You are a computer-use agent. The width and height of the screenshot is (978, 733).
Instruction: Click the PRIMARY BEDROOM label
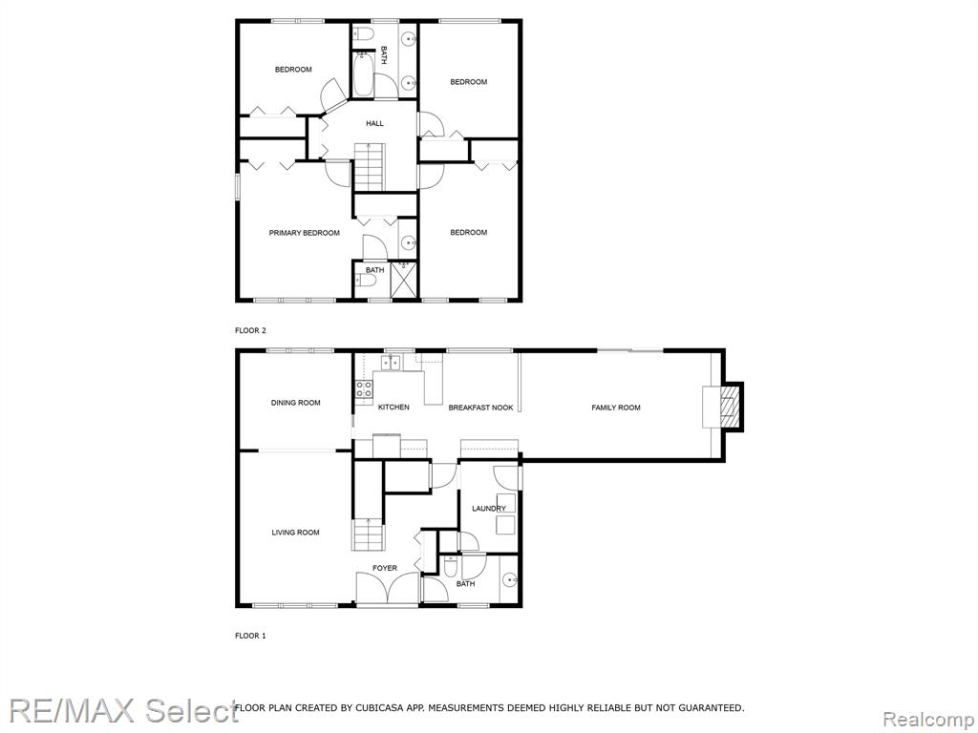(x=305, y=233)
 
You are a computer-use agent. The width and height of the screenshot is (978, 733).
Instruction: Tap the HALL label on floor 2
(x=374, y=123)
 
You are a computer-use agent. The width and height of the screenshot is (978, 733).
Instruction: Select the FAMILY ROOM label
(x=616, y=408)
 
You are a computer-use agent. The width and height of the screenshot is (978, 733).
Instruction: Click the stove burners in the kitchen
(x=364, y=389)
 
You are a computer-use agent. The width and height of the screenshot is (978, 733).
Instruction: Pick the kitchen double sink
(x=391, y=362)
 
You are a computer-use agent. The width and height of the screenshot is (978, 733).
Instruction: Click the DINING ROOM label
(x=296, y=403)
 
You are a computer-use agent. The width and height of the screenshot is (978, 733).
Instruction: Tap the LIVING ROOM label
(x=296, y=533)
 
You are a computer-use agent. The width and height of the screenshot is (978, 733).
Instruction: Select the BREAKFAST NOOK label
(x=481, y=408)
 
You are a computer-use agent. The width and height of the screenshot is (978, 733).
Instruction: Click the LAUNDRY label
(x=489, y=509)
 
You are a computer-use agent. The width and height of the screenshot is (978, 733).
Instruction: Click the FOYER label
(x=385, y=569)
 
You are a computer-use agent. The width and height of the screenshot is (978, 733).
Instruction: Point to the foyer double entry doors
(x=388, y=588)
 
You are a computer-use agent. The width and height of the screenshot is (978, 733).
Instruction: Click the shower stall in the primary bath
(x=404, y=280)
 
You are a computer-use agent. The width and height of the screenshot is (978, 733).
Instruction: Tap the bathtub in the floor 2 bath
(x=362, y=74)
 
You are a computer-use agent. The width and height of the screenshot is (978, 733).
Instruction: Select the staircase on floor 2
(x=371, y=166)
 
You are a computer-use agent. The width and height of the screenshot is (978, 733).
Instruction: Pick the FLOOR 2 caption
(x=250, y=331)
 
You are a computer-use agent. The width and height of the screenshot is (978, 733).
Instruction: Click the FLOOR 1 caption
(x=250, y=636)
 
